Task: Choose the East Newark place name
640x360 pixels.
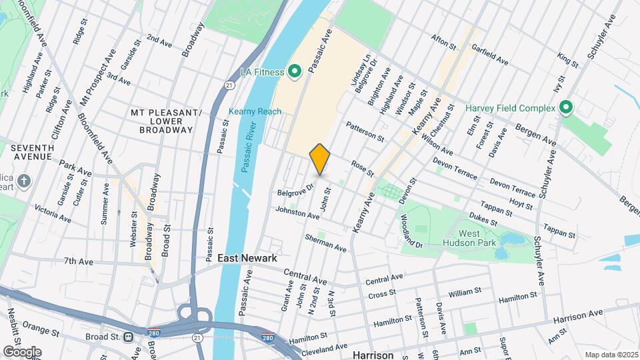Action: [246, 257]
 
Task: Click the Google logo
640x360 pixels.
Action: [22, 351]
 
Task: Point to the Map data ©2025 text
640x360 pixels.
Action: [611, 355]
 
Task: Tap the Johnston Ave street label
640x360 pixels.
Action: [297, 213]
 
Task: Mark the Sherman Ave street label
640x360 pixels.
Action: [325, 243]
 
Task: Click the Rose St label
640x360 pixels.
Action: [362, 169]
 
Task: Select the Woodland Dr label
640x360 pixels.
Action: [412, 231]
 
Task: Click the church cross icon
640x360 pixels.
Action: [24, 181]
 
